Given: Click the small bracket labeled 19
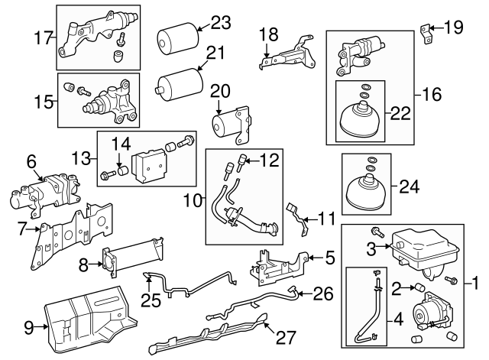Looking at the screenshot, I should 426,31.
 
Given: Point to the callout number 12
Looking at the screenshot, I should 270,161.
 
